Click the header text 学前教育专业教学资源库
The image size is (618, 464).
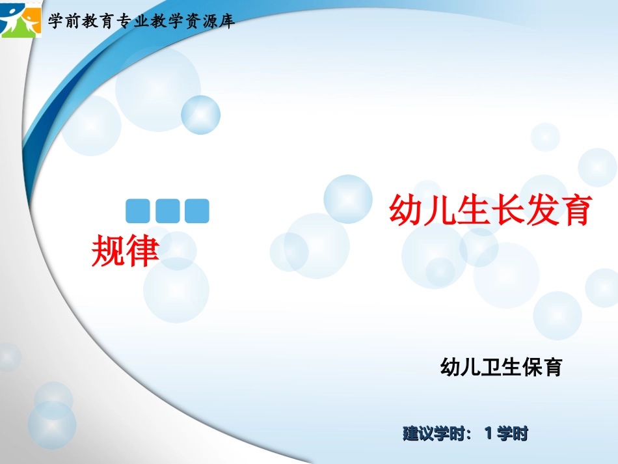click(x=141, y=22)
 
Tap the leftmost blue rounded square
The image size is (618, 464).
click(x=137, y=211)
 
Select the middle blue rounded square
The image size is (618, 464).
click(x=167, y=211)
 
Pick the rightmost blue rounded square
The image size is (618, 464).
click(x=196, y=211)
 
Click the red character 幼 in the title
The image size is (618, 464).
click(x=405, y=211)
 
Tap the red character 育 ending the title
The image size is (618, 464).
click(x=573, y=211)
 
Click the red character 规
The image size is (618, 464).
click(x=108, y=250)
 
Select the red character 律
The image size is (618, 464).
click(x=142, y=250)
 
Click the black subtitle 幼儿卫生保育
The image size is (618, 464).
click(x=501, y=368)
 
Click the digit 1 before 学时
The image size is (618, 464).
click(x=489, y=433)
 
